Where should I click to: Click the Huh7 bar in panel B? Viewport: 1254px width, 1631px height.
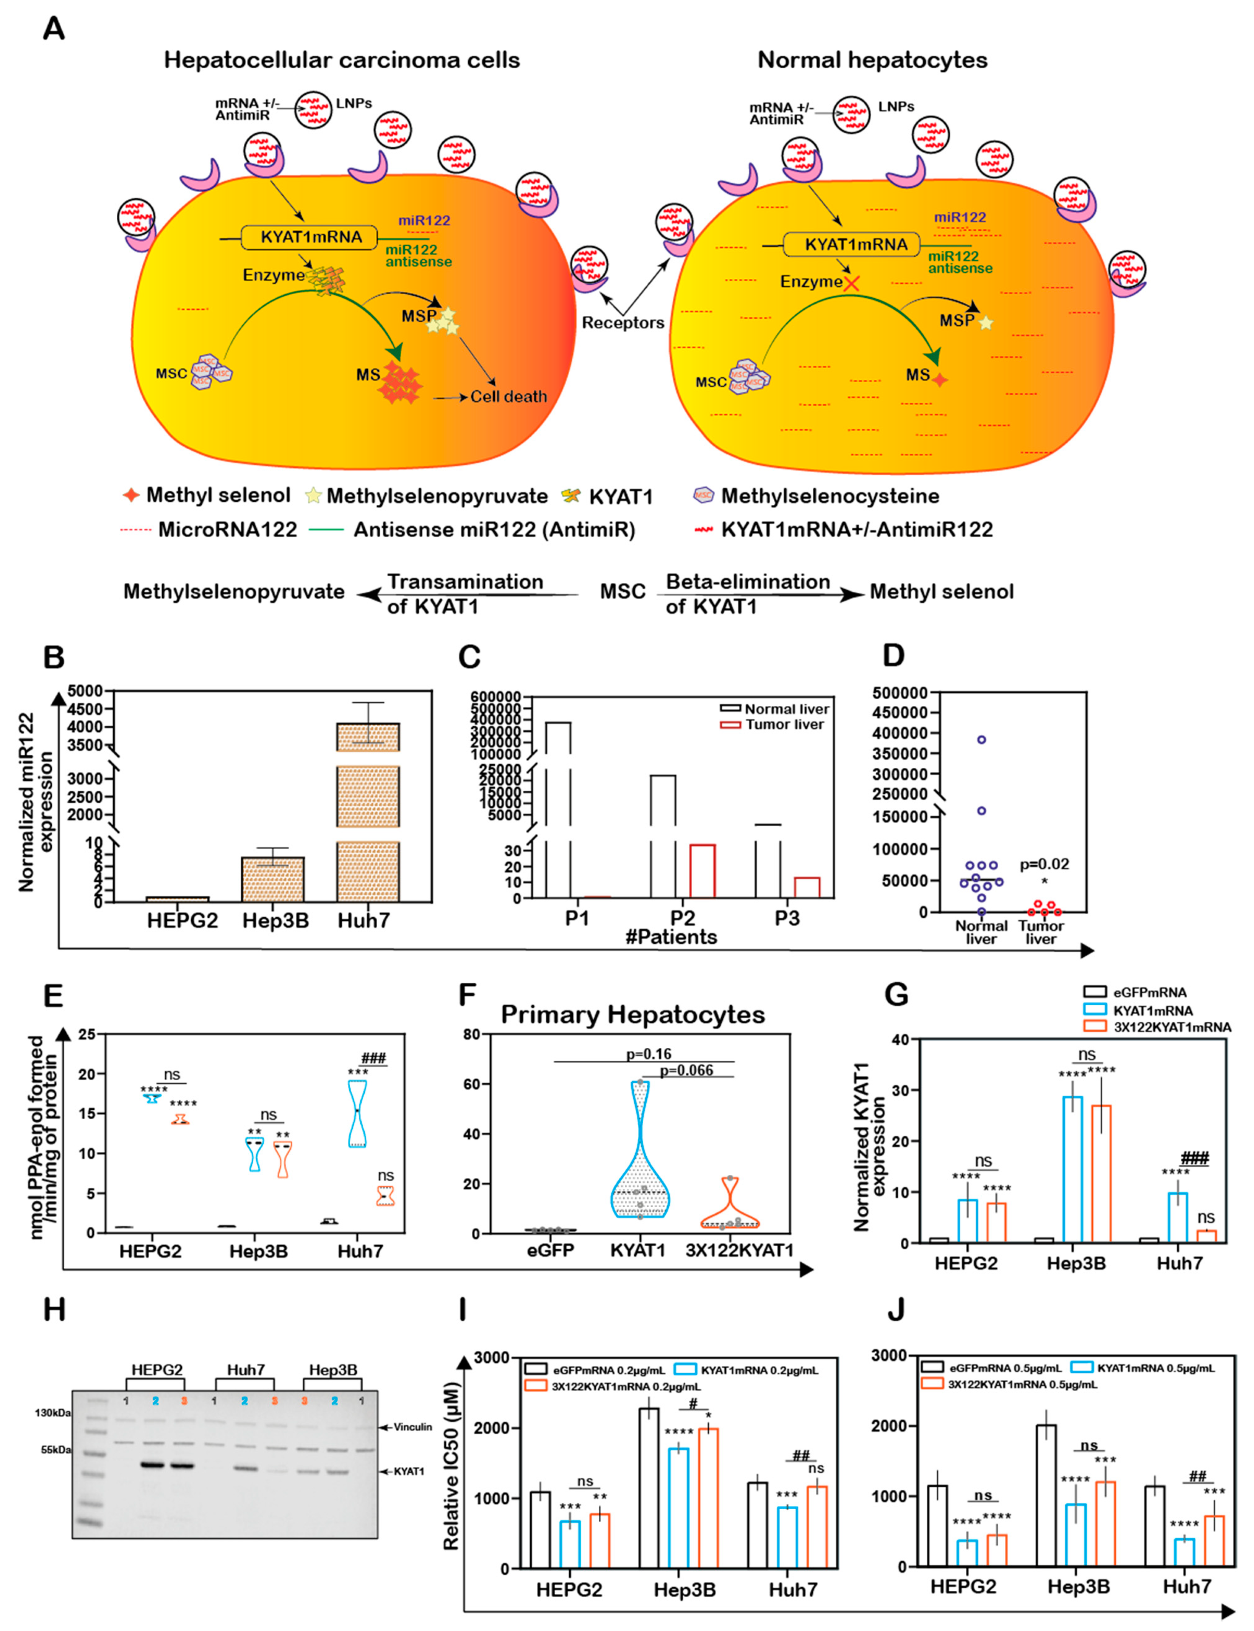(368, 813)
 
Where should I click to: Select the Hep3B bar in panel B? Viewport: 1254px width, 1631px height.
(273, 881)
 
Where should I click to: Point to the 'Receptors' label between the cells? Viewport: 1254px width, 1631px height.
(622, 323)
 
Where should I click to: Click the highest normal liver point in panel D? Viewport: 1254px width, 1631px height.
(981, 740)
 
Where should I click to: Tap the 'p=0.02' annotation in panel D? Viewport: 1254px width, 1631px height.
(1044, 865)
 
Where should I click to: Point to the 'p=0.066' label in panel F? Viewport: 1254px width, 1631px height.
(686, 1071)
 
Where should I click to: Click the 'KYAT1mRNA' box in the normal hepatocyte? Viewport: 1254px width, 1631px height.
(856, 245)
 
